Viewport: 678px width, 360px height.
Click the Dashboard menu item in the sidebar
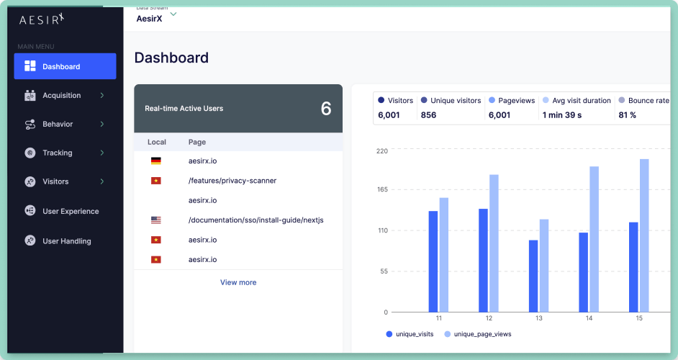pos(65,66)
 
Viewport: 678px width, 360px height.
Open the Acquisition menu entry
pos(62,95)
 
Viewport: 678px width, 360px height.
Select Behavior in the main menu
pos(58,124)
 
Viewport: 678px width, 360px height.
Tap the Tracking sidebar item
pos(58,153)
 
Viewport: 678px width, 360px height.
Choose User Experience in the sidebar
pos(71,211)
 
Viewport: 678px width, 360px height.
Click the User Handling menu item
pos(66,241)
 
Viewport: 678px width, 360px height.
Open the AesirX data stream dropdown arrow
pos(173,14)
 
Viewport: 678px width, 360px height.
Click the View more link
pos(238,282)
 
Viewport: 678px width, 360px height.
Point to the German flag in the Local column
pos(156,161)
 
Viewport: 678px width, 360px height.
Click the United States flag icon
pos(156,220)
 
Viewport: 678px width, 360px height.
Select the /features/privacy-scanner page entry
pos(232,181)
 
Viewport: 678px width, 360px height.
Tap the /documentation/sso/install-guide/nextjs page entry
pos(256,220)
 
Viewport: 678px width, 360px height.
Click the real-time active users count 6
pos(326,109)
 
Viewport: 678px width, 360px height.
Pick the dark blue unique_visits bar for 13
pos(533,276)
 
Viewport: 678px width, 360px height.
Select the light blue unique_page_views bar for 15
pos(644,235)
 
